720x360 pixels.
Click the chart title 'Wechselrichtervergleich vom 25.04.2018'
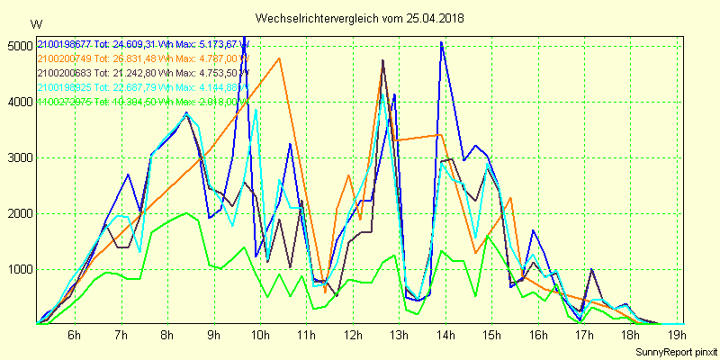(x=361, y=18)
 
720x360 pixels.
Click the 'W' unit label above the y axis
(x=35, y=23)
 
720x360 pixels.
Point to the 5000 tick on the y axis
(x=19, y=46)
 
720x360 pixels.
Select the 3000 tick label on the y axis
(x=19, y=157)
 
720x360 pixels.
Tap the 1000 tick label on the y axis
(x=19, y=269)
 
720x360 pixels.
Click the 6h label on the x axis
(x=75, y=336)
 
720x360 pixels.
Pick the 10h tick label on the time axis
(x=260, y=336)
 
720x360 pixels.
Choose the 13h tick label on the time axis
(x=399, y=336)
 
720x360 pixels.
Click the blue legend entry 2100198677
(x=65, y=44)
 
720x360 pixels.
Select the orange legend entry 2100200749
(x=65, y=58)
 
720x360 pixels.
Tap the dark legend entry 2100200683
(x=65, y=73)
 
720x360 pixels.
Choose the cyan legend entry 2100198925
(x=65, y=87)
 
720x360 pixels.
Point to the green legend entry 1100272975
(x=65, y=102)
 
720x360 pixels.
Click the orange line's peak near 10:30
(x=280, y=58)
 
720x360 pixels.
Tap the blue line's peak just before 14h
(x=441, y=42)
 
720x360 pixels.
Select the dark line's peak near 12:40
(x=383, y=60)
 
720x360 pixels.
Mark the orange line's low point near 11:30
(x=326, y=292)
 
